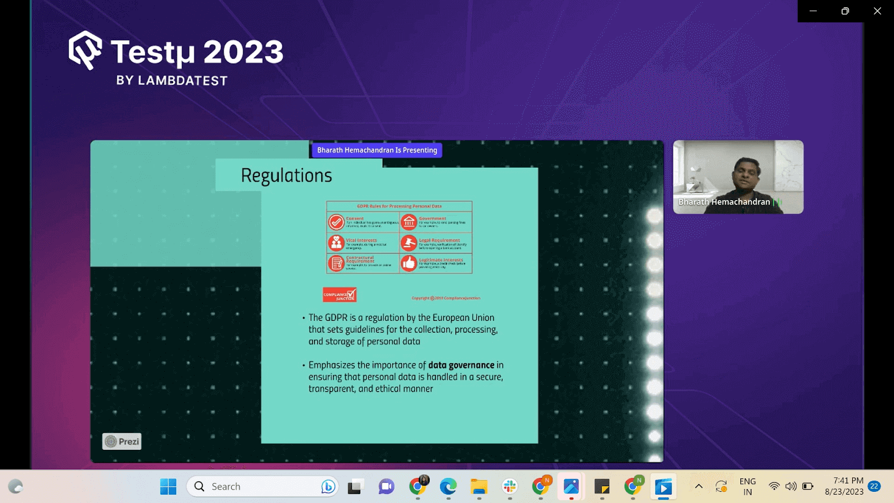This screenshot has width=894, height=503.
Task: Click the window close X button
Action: click(x=877, y=11)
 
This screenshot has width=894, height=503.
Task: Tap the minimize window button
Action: click(x=813, y=11)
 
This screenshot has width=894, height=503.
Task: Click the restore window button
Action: click(x=845, y=11)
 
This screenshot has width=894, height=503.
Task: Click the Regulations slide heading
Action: click(x=286, y=175)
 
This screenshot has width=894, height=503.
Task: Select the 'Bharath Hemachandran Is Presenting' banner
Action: click(x=377, y=150)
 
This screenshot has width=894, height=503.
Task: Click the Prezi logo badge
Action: click(x=122, y=442)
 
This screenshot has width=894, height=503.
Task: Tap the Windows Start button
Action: click(x=168, y=487)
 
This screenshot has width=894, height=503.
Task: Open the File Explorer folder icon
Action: click(x=479, y=487)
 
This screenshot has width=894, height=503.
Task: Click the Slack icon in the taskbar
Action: click(x=510, y=487)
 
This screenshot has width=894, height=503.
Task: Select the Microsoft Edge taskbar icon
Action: click(x=448, y=487)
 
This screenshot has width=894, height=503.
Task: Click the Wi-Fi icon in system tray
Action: click(x=774, y=486)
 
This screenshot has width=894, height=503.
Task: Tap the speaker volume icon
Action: click(x=791, y=486)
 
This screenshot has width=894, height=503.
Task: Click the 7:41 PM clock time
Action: click(x=848, y=481)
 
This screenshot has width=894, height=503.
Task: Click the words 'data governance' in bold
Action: click(x=461, y=365)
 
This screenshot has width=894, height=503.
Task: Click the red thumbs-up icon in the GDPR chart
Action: click(x=409, y=263)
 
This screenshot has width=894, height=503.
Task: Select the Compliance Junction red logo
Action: click(x=339, y=295)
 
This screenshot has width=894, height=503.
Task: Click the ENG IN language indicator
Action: click(x=748, y=486)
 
